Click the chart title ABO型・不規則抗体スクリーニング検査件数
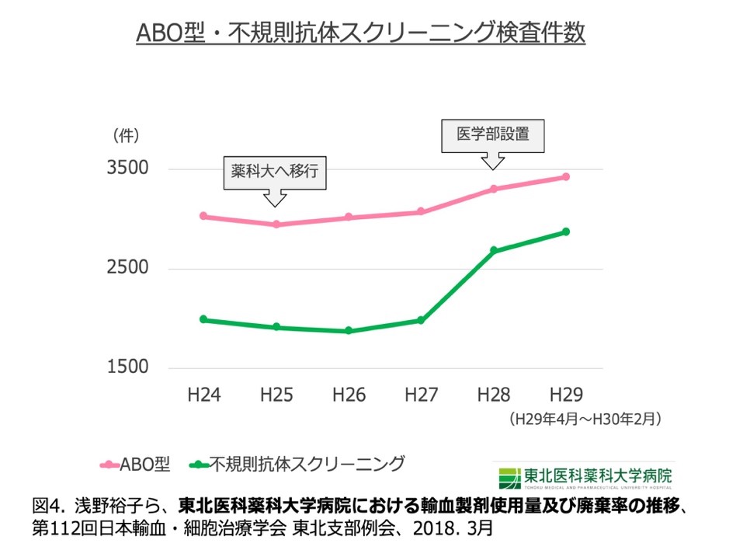click(x=360, y=33)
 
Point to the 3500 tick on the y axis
click(x=127, y=169)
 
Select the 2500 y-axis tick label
click(x=127, y=268)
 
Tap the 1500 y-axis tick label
click(x=127, y=367)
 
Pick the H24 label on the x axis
click(x=204, y=394)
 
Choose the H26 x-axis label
click(x=349, y=394)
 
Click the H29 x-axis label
click(x=565, y=394)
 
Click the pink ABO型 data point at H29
click(x=566, y=177)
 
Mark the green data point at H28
click(x=493, y=250)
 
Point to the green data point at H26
click(x=349, y=331)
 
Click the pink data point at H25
click(x=276, y=225)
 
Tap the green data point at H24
click(x=203, y=319)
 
